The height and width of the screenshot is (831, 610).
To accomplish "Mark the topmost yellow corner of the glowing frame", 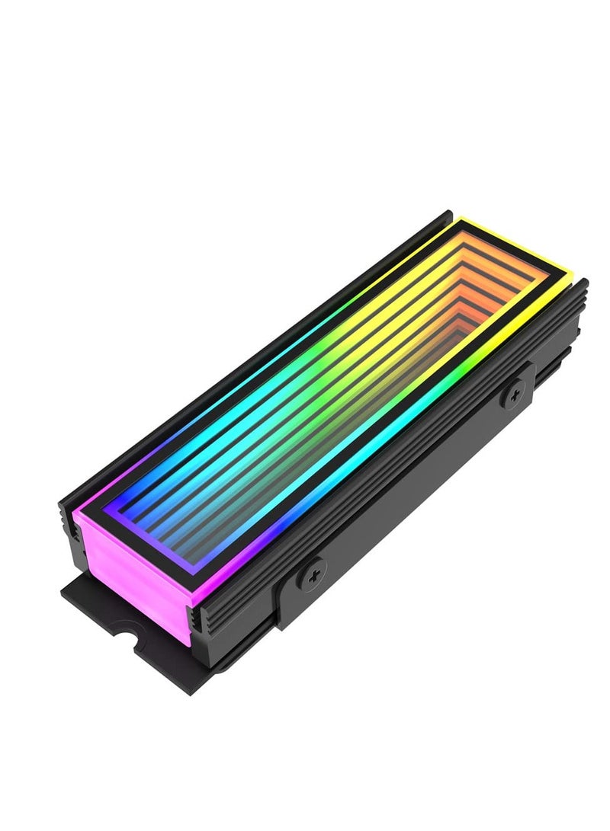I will [461, 219].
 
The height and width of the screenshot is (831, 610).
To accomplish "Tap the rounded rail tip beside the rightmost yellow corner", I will [583, 284].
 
